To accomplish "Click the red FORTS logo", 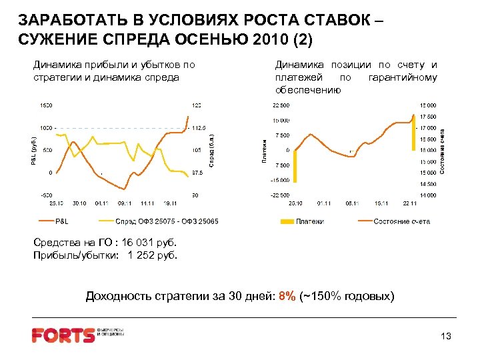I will click(x=63, y=335).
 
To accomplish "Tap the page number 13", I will click(x=446, y=337).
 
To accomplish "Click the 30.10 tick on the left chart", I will click(x=79, y=203).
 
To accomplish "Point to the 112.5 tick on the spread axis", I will click(x=200, y=128).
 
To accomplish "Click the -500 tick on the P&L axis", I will click(x=45, y=195).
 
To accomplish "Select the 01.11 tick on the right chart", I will click(x=324, y=203).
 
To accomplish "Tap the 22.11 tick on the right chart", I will click(x=409, y=203).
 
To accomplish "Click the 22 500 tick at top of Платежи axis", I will click(x=280, y=105).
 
